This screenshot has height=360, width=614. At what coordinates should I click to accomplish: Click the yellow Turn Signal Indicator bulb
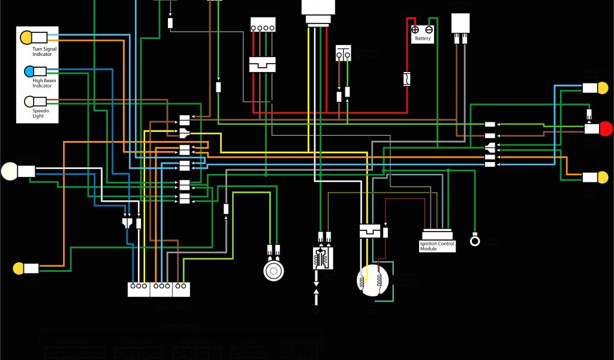tap(25, 37)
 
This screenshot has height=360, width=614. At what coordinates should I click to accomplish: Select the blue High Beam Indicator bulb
tap(29, 72)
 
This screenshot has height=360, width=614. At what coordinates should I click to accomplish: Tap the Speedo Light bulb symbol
tap(29, 101)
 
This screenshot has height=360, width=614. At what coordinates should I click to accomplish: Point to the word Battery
tap(423, 38)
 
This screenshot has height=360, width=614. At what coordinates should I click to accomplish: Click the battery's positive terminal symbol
tap(416, 29)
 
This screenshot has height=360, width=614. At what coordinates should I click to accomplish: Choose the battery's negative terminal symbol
tap(429, 29)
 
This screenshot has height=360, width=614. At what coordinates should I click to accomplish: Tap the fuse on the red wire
tap(407, 79)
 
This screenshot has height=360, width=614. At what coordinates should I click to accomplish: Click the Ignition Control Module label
tap(437, 246)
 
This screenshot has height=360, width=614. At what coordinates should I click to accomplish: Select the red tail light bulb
tap(606, 128)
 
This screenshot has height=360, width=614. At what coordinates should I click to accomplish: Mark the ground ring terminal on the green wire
tap(475, 241)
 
